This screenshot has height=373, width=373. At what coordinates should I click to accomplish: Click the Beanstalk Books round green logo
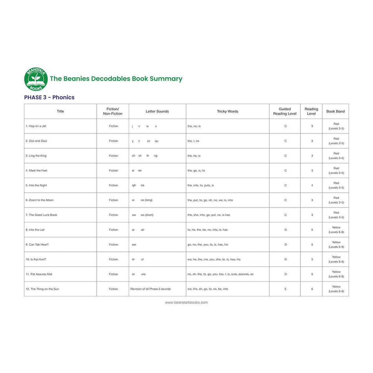[36, 79]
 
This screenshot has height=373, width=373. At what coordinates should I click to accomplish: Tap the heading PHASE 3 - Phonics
[49, 97]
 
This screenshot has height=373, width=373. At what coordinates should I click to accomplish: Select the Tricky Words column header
[228, 111]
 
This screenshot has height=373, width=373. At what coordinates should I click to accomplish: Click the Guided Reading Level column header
[285, 111]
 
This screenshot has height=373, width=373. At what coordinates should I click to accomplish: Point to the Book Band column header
[335, 111]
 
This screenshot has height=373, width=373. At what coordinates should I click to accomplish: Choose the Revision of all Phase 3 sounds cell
[150, 289]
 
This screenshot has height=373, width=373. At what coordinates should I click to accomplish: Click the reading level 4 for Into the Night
[312, 185]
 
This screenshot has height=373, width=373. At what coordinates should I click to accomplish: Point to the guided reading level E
[285, 289]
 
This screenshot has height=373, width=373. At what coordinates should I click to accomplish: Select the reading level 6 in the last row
[312, 289]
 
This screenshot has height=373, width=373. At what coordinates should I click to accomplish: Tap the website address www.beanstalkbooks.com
[186, 302]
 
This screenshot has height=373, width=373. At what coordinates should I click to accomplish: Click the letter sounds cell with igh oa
[138, 185]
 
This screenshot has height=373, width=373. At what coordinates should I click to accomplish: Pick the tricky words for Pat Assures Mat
[220, 274]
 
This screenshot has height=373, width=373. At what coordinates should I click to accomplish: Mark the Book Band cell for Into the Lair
[336, 230]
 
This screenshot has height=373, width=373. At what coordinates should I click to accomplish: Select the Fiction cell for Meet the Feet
[113, 171]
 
